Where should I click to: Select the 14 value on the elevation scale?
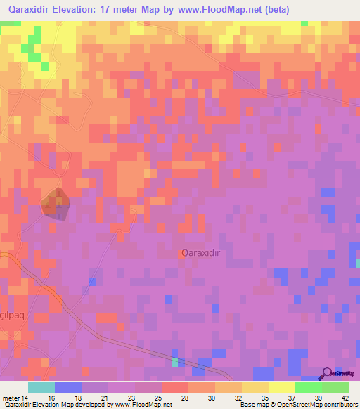pos(27,397)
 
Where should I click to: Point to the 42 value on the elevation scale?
pos(335,397)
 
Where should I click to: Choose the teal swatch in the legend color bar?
pos(41,387)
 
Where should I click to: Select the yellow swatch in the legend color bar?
pos(282,387)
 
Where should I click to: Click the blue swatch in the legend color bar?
pos(68,387)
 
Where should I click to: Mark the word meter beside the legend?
pos(11,397)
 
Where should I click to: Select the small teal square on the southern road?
pos(174,362)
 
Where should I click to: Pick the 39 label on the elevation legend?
pos(308,397)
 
